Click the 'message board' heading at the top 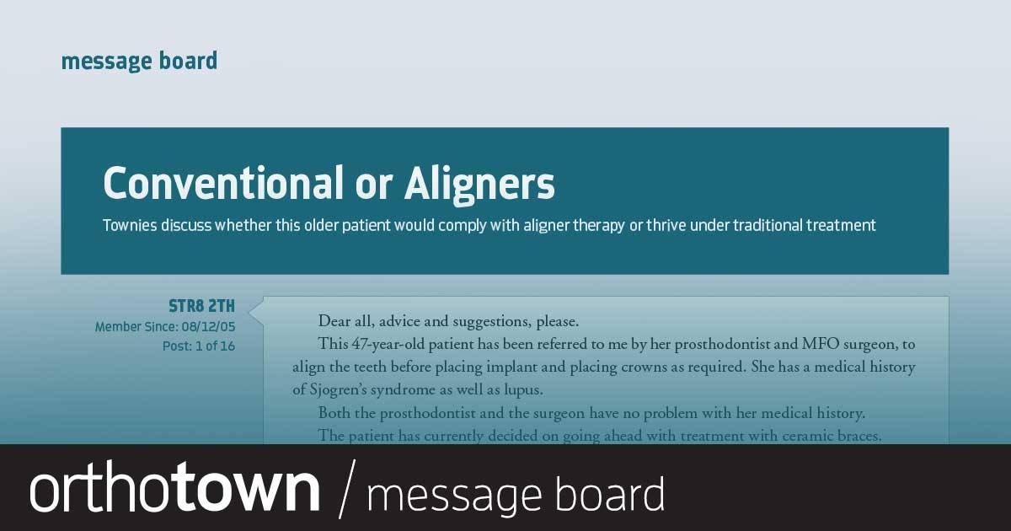[x=139, y=62]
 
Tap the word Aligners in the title [x=479, y=183]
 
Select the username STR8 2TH [x=201, y=306]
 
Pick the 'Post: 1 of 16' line [x=199, y=346]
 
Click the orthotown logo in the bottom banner [x=175, y=489]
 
